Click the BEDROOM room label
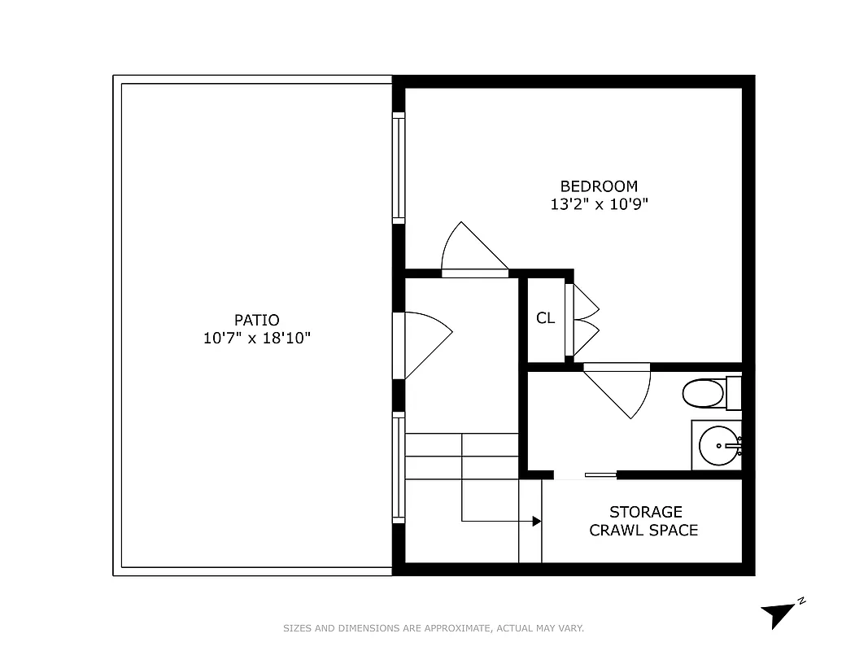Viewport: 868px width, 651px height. coord(599,186)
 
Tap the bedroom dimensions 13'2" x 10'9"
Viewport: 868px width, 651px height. coord(599,204)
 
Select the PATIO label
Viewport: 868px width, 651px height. coord(256,321)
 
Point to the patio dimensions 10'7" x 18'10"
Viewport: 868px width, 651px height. coord(256,338)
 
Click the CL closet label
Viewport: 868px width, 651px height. coord(545,318)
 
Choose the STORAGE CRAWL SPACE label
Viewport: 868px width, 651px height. coord(643,521)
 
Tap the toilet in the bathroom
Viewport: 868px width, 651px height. coord(704,395)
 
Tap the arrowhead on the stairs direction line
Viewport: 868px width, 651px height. coord(537,521)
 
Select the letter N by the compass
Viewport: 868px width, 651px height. coord(801,601)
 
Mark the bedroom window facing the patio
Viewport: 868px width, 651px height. coord(399,168)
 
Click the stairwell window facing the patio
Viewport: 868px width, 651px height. coord(399,467)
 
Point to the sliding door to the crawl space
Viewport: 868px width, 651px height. coord(600,474)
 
